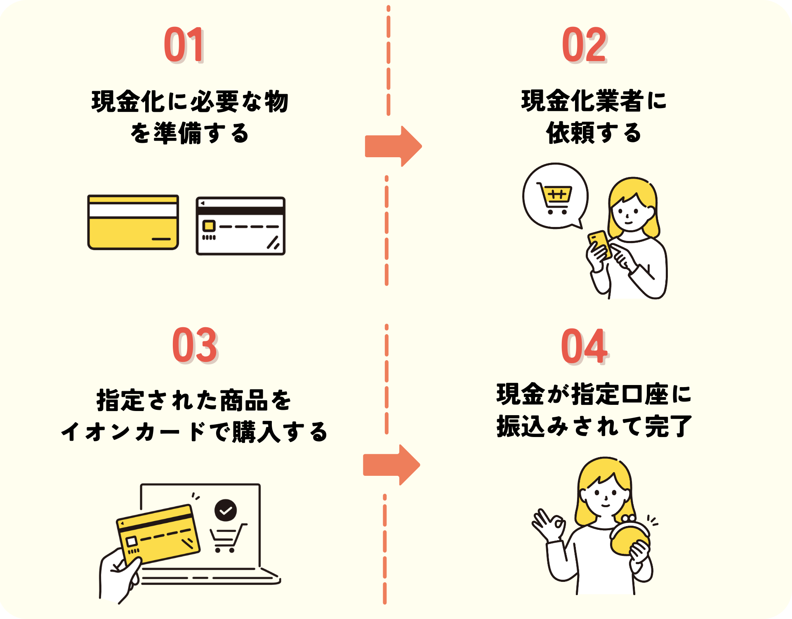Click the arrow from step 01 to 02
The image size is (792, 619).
coord(393,146)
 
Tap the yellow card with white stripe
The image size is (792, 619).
coord(133,222)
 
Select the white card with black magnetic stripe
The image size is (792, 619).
coord(240,226)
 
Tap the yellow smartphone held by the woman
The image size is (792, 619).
coord(599,244)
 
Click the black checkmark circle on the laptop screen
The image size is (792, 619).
coord(225,510)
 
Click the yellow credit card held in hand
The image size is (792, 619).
coord(159,534)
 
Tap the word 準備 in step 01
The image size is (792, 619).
coord(177,133)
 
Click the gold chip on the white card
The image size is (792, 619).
coord(209,226)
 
